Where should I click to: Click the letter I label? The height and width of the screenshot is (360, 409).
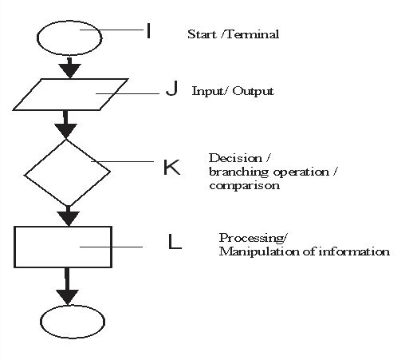click(148, 31)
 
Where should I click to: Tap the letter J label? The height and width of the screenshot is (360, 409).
click(172, 88)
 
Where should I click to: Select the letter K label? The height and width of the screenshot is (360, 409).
click(171, 167)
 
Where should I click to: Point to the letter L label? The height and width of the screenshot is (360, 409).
click(175, 241)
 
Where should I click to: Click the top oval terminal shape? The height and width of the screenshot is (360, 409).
click(37, 38)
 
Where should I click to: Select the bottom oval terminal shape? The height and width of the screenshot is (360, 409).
click(41, 322)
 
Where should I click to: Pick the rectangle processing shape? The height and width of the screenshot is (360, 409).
click(14, 247)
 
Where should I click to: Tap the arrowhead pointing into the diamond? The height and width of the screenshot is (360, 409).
click(65, 131)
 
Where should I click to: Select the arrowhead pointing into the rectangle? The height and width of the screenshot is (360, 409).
click(69, 219)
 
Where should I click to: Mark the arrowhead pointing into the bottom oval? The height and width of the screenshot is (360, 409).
click(68, 297)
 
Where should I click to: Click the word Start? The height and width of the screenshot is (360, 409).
click(202, 34)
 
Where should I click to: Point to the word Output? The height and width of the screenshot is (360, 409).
click(253, 91)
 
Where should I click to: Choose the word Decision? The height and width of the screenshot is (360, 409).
click(235, 158)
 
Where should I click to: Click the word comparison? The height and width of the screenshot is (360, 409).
click(245, 186)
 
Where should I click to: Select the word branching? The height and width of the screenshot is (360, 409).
click(238, 172)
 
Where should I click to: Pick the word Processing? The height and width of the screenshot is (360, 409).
click(252, 238)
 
